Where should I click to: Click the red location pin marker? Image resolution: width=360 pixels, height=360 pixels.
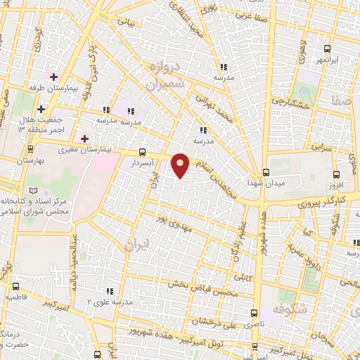pyautogui.click(x=181, y=165)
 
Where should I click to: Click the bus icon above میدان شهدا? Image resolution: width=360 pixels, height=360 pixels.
pyautogui.click(x=265, y=172)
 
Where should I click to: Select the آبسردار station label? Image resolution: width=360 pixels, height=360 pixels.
pyautogui.click(x=143, y=162)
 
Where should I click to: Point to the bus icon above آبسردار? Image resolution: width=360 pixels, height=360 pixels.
pyautogui.click(x=143, y=152)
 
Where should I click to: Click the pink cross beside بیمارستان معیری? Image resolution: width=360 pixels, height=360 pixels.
pyautogui.click(x=85, y=138)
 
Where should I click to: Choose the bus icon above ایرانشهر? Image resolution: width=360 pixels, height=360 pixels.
pyautogui.click(x=327, y=49)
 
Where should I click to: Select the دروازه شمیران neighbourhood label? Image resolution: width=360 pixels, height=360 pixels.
pyautogui.click(x=165, y=77)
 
